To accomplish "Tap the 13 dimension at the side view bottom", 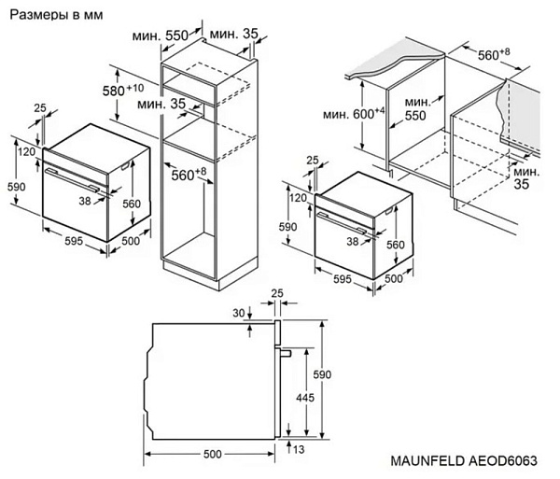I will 298,448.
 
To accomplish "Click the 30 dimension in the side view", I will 237,313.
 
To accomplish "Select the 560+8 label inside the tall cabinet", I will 188,174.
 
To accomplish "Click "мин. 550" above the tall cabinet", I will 176,35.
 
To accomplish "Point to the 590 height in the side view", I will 322,373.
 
